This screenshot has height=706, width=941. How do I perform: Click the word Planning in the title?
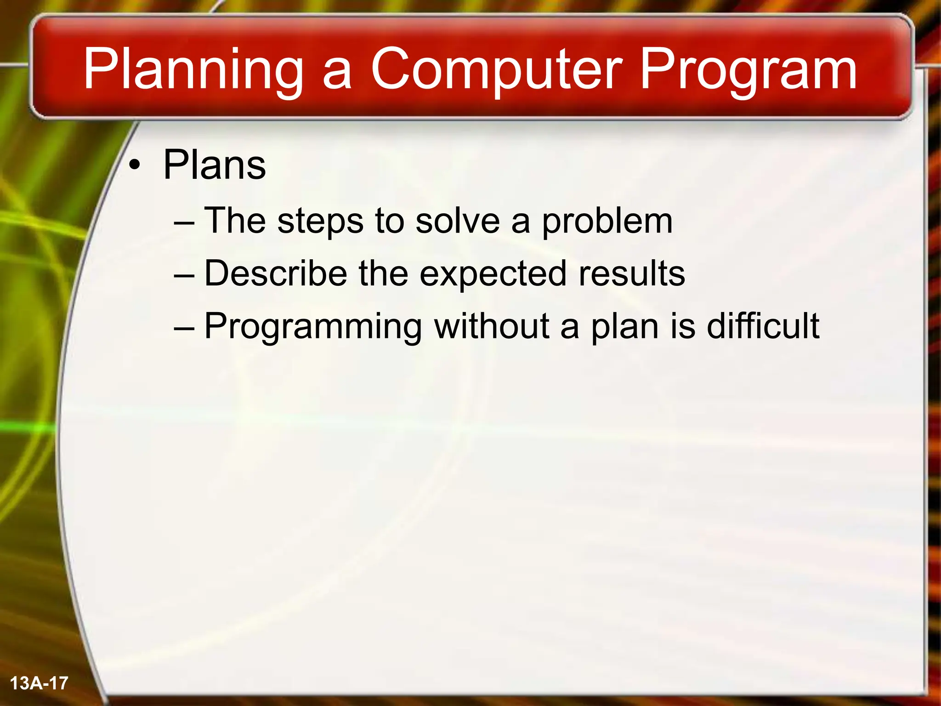(x=193, y=70)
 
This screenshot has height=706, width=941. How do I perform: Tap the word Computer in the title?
(x=496, y=70)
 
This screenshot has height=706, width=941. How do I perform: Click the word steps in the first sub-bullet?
(x=320, y=222)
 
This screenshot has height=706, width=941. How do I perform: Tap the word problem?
(x=607, y=222)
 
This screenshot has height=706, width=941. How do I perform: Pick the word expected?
(x=493, y=274)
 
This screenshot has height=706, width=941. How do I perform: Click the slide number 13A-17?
(x=39, y=683)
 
